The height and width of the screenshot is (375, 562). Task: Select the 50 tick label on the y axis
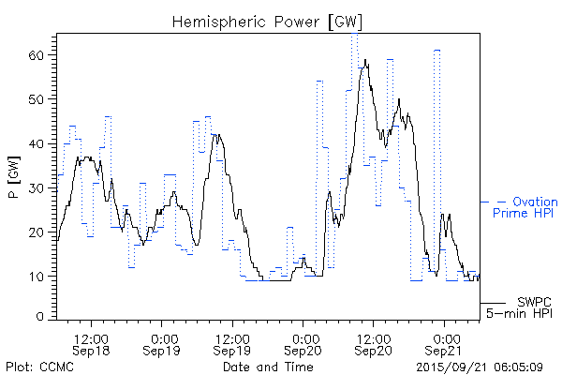(x=38, y=99)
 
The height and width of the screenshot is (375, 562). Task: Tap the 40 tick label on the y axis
(x=38, y=143)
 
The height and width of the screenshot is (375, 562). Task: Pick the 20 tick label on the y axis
(x=38, y=232)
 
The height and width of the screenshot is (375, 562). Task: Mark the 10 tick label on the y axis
(x=38, y=276)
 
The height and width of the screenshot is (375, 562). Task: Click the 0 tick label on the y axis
(x=42, y=318)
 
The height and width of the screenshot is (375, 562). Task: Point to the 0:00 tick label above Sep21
(x=445, y=337)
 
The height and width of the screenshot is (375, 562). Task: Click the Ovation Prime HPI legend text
(x=525, y=208)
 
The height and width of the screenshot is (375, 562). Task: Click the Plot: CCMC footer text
(x=37, y=367)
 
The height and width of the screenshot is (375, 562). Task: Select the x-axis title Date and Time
(x=268, y=367)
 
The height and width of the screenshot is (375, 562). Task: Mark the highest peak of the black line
(x=366, y=61)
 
